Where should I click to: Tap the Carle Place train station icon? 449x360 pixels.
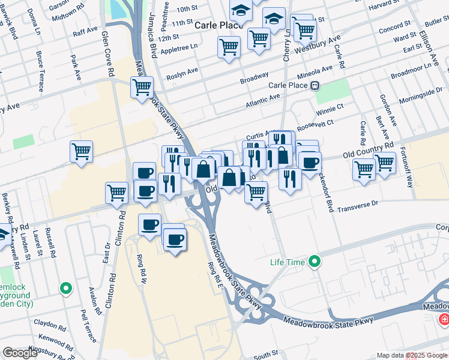(x=314, y=85)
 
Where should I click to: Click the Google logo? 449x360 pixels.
(x=20, y=353)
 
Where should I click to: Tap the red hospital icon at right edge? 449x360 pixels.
(x=444, y=319)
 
